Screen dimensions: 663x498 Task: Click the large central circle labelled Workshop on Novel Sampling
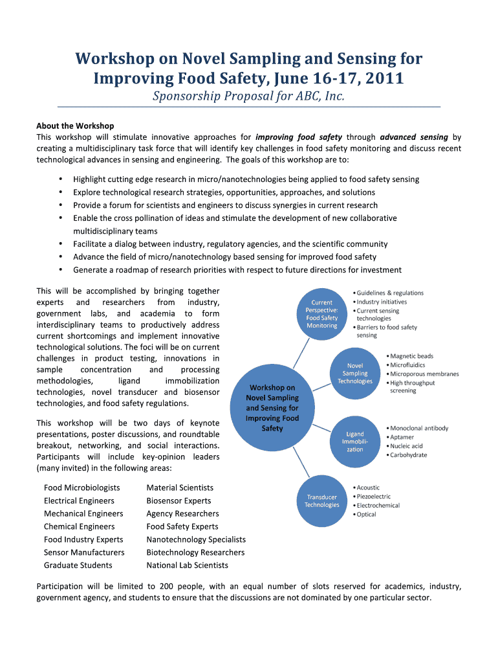tap(272, 408)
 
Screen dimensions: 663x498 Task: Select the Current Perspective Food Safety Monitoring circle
tap(322, 314)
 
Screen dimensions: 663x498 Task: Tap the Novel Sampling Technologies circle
tap(355, 374)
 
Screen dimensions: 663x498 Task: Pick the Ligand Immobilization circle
tap(355, 442)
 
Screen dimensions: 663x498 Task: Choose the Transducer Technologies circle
tap(322, 501)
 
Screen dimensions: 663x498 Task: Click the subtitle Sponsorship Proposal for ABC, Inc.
tap(248, 96)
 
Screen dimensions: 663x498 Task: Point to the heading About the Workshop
tap(75, 126)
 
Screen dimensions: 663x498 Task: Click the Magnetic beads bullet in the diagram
tap(411, 356)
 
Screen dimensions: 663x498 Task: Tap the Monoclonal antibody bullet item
tap(418, 428)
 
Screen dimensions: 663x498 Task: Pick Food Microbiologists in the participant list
tap(81, 488)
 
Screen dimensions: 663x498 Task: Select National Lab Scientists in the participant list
tap(187, 565)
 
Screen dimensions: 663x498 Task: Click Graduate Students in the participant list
tap(78, 565)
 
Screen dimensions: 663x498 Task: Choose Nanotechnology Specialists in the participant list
tap(196, 539)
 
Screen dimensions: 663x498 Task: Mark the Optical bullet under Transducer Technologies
tap(366, 515)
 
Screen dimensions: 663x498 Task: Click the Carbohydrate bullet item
tap(407, 455)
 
